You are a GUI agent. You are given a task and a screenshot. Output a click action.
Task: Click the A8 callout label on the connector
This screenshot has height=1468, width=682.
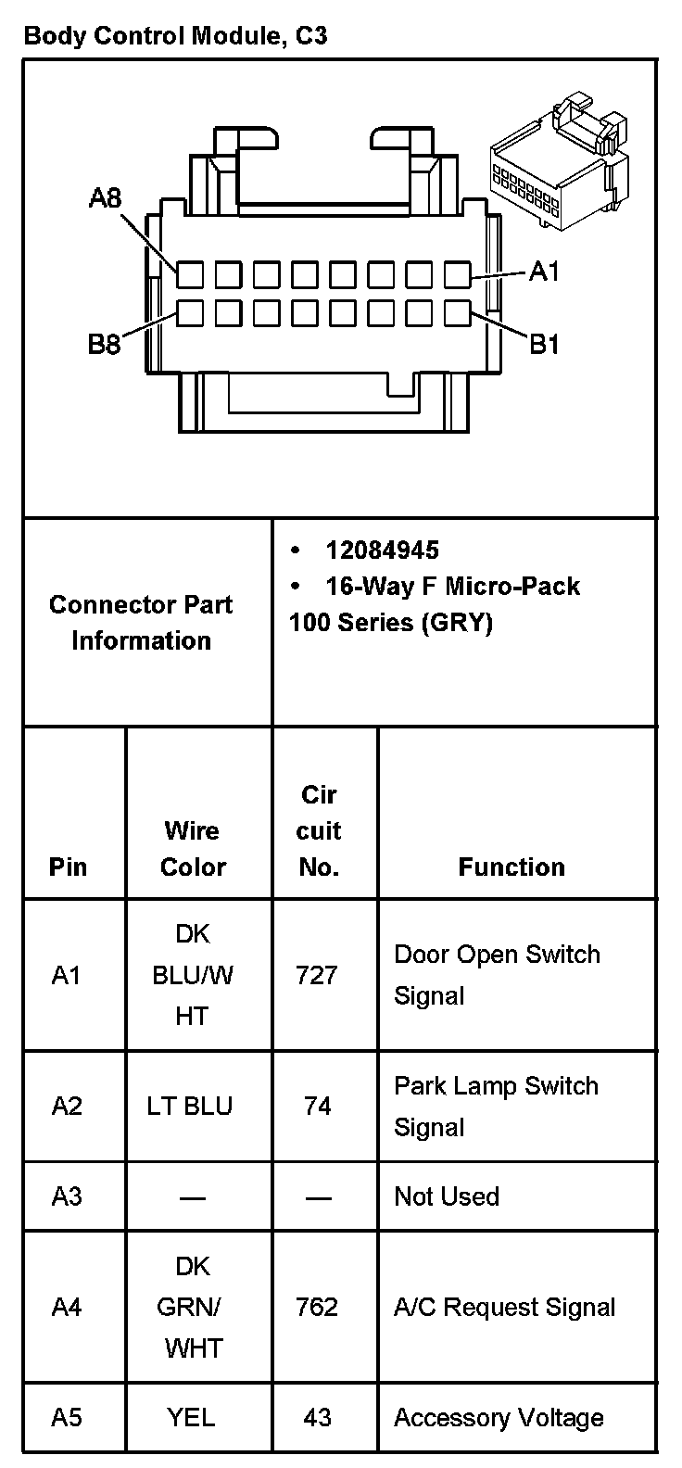pos(105,198)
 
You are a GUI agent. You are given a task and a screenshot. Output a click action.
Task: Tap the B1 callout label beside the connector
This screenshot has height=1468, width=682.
pos(544,345)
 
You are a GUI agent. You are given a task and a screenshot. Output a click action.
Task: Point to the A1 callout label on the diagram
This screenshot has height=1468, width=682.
pos(544,272)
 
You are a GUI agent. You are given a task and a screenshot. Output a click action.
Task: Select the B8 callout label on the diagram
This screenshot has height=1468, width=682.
pos(105,345)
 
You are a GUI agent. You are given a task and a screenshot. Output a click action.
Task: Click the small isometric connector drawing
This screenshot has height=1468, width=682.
pos(559,159)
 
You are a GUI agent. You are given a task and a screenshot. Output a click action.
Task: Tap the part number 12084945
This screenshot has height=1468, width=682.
pos(382,550)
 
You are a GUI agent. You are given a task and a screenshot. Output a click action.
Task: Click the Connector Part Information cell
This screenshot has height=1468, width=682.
pos(141,622)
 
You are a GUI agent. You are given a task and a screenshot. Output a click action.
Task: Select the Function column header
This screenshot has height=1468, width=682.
pos(511,867)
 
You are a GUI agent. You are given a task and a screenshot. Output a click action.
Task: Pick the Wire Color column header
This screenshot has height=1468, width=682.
pos(193,848)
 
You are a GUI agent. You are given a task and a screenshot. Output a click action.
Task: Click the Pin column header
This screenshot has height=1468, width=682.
pos(69,867)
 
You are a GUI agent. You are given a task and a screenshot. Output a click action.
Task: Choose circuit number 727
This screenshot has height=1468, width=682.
pos(317,975)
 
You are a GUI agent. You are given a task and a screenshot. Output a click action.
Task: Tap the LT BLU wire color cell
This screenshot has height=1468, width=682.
pos(190,1106)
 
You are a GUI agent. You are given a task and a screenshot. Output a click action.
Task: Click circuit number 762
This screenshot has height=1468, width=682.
pos(317,1307)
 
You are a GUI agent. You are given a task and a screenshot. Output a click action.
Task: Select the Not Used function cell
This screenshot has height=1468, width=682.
pos(447,1196)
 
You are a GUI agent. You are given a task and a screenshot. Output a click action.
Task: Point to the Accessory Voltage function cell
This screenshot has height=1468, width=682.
pos(499,1417)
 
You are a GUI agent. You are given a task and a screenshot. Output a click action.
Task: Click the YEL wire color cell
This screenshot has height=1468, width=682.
pos(191,1417)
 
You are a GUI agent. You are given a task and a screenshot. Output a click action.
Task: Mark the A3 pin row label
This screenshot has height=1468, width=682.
pos(67,1196)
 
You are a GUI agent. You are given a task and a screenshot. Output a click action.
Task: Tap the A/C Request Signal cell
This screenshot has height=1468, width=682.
pos(505,1307)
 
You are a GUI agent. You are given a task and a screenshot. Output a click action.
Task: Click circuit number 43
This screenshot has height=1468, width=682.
pos(317,1417)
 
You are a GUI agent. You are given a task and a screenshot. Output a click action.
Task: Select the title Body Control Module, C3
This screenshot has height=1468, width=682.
pos(175,37)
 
